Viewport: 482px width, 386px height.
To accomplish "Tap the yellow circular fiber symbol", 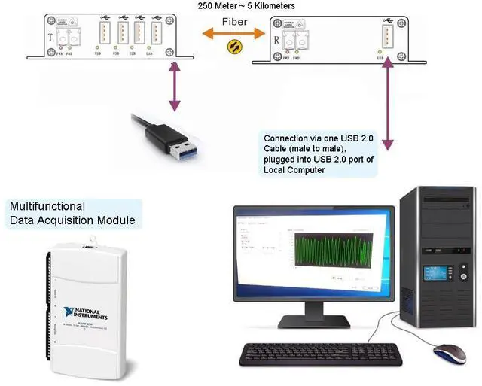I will tap(236, 47).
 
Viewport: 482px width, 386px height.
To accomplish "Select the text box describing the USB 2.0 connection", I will tap(319, 154).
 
